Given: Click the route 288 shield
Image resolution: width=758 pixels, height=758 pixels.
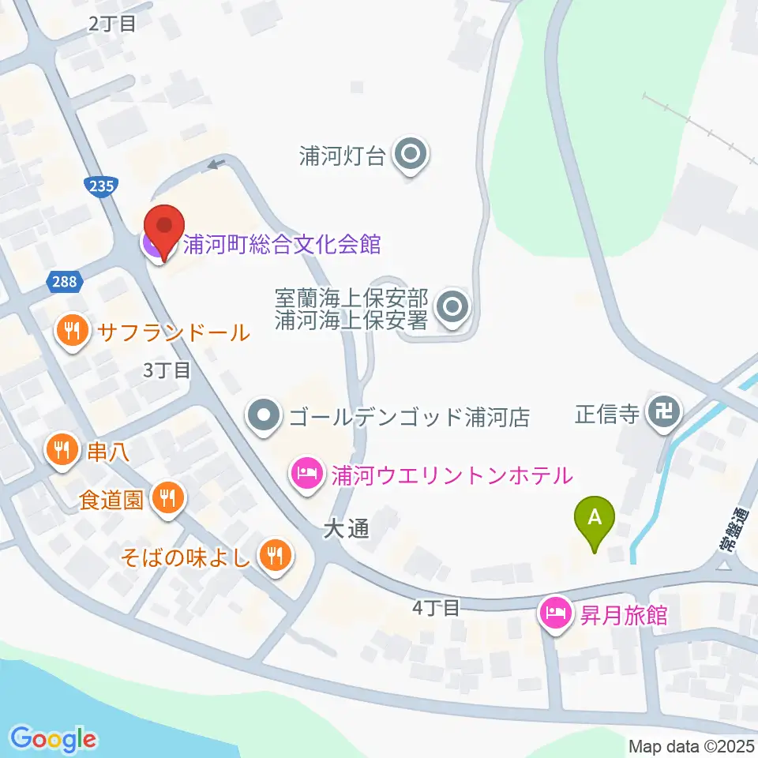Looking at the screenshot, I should point(65,281).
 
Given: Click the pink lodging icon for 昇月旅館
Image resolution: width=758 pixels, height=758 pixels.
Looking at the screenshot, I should point(555,614).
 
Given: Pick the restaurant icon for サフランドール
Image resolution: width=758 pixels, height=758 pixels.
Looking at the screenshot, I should point(73,332).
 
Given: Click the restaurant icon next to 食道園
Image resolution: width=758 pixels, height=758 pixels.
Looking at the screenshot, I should point(168,498).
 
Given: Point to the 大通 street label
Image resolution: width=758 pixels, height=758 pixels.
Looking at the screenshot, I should point(346,530).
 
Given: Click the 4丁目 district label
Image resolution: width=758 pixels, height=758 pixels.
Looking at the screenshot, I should point(435,608).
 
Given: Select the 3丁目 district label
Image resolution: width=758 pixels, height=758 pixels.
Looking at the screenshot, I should point(167,370).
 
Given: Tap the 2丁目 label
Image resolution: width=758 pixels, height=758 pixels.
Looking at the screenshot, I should point(112,24).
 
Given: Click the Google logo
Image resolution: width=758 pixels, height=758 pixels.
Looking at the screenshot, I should point(54,739).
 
